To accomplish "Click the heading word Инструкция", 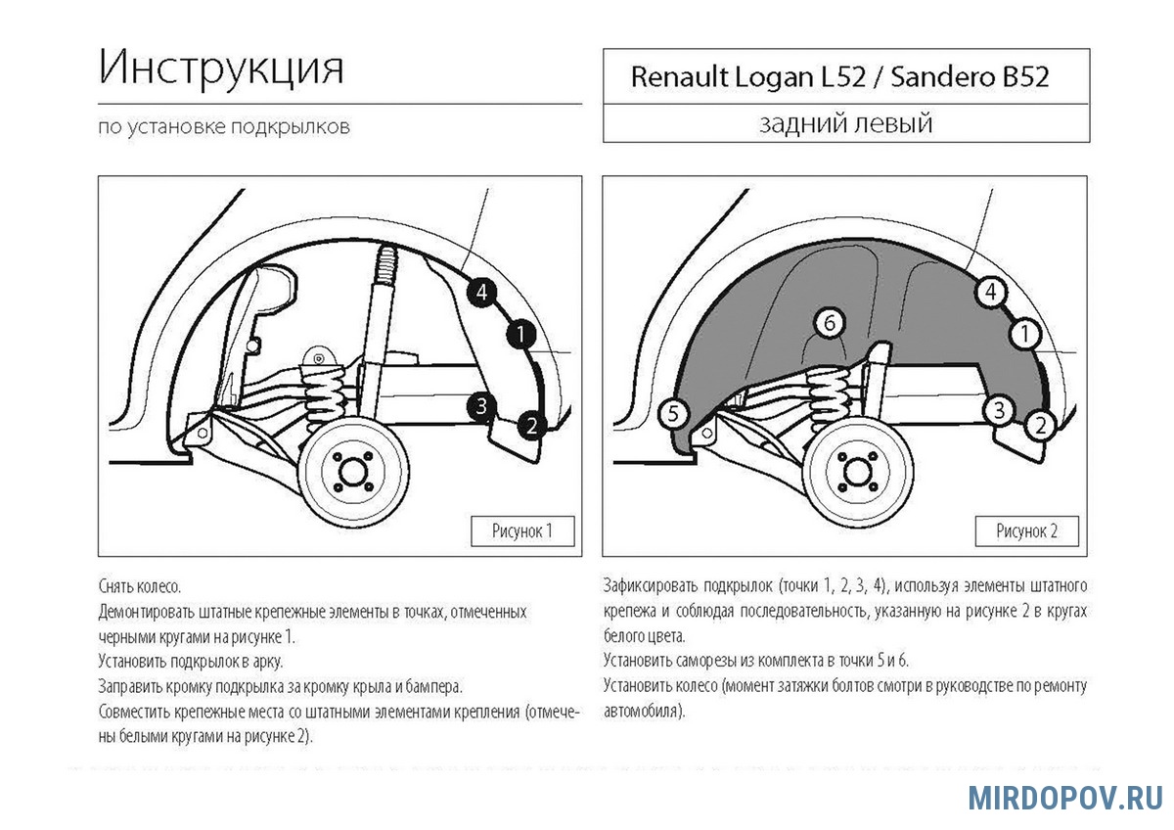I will click(x=222, y=70).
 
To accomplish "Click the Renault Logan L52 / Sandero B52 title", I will click(x=839, y=77).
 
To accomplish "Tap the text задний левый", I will click(x=845, y=124).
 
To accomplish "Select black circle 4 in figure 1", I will click(x=481, y=291).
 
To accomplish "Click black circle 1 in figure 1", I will click(x=520, y=336).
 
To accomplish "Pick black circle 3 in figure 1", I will click(x=480, y=406).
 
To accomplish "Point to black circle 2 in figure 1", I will click(x=529, y=425).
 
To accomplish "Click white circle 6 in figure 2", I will click(x=829, y=322).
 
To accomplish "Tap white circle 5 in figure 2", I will click(x=672, y=414).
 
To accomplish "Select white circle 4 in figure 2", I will click(x=990, y=291).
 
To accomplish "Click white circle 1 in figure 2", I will click(x=1024, y=335).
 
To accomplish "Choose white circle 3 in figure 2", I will click(x=999, y=410).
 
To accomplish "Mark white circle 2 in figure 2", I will click(x=1039, y=425).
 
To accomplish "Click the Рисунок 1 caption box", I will click(x=521, y=530).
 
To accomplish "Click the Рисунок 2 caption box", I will click(x=1026, y=531).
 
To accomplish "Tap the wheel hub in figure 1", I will click(x=350, y=474).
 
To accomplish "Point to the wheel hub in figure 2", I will click(x=861, y=474).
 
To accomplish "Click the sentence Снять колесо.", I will click(x=140, y=587).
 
